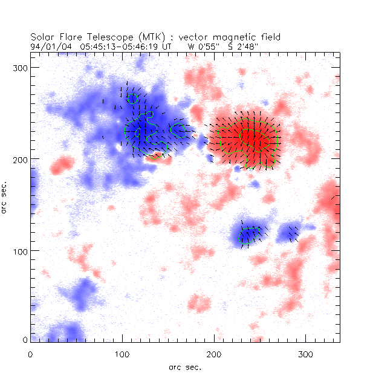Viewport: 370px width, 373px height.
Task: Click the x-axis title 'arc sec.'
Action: (x=185, y=366)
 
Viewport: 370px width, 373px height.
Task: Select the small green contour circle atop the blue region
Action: (x=133, y=98)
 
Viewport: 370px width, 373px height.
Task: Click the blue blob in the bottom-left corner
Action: (x=63, y=332)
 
